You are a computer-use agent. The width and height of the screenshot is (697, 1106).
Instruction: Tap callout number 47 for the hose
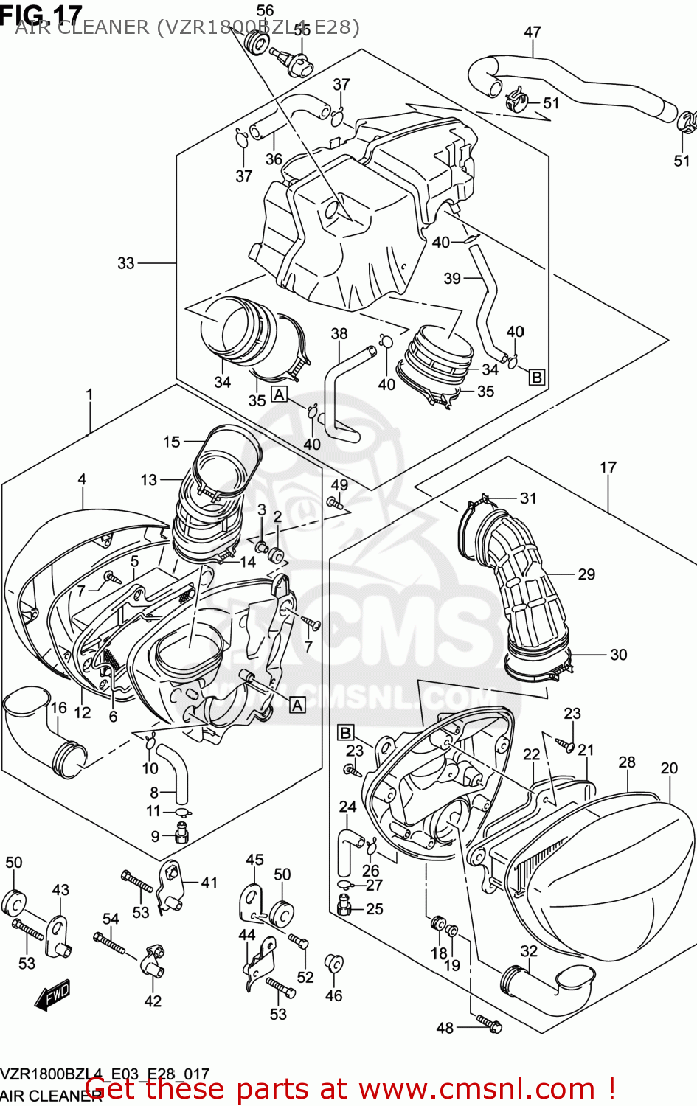[533, 32]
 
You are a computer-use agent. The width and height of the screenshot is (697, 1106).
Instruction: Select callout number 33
[126, 263]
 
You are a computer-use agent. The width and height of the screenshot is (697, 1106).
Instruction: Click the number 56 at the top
[265, 10]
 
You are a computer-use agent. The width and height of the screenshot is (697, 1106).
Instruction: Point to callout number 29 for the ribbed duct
[586, 574]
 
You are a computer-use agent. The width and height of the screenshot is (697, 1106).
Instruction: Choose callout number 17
[608, 467]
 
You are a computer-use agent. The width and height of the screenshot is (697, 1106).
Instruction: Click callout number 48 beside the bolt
[445, 1027]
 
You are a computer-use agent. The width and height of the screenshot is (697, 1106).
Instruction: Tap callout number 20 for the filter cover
[669, 768]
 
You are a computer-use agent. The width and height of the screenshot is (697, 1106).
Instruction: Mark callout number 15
[171, 442]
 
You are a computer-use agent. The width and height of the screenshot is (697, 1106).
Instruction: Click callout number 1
[89, 394]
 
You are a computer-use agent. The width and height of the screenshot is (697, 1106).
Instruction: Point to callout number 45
[254, 860]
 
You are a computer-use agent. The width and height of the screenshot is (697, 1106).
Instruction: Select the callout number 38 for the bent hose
[339, 333]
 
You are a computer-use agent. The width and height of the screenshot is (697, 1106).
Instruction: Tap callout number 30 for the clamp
[618, 654]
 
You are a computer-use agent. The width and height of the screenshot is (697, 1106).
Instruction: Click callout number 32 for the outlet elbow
[529, 950]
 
